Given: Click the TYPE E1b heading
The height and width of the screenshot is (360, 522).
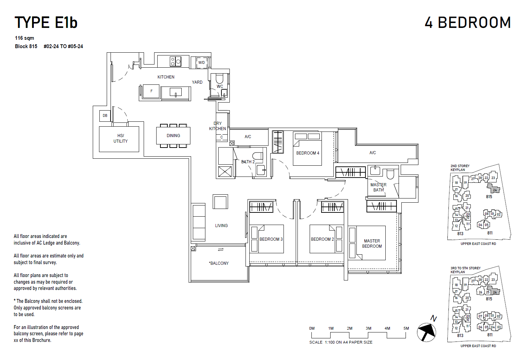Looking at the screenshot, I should [x=46, y=23].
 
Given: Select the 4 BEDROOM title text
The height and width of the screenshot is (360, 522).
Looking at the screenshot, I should [x=467, y=23].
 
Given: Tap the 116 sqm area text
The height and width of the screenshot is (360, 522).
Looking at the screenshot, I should [x=24, y=38].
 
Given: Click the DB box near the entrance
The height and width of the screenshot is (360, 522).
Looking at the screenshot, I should [x=105, y=115].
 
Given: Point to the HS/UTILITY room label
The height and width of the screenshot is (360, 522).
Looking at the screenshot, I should [x=120, y=138].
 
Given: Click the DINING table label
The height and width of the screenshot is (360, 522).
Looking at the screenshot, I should [x=173, y=136].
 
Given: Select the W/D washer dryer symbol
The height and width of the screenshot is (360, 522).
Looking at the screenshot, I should [x=202, y=63].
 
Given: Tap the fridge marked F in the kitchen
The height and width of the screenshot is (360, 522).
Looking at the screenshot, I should [x=151, y=91].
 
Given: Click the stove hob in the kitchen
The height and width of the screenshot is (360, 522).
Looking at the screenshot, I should [x=175, y=62].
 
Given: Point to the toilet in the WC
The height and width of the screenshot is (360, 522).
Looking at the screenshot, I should [x=219, y=78].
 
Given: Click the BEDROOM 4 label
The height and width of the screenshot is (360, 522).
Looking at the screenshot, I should [x=308, y=153].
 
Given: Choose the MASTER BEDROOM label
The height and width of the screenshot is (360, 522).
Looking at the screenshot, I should [x=372, y=243].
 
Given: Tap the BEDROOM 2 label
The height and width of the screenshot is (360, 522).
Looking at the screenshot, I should [x=322, y=239].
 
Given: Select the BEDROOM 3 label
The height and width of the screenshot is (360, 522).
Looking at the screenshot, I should [x=271, y=239].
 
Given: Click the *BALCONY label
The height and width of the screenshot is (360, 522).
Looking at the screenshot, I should [x=219, y=263].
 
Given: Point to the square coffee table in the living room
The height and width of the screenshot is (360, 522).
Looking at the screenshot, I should [x=220, y=202].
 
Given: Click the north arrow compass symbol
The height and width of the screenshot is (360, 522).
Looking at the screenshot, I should [x=427, y=332].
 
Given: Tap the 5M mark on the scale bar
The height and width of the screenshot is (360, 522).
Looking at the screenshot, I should [x=406, y=328].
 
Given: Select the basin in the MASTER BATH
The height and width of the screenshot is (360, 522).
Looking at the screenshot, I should [x=375, y=171].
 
